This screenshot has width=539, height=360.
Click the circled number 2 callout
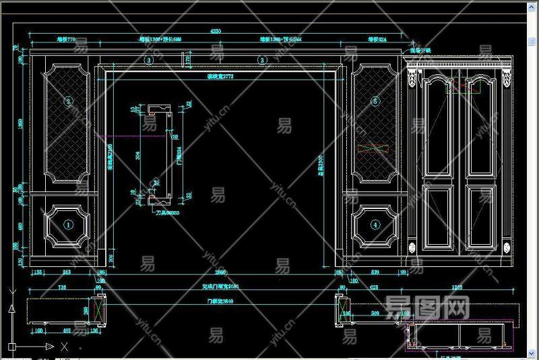[x=67, y=102]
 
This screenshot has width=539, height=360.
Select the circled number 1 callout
[x=67, y=224]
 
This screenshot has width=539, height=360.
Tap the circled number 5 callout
[x=375, y=102]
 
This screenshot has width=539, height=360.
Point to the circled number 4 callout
[x=375, y=224]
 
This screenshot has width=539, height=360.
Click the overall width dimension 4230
[x=216, y=31]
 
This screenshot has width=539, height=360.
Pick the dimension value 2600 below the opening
[x=220, y=272]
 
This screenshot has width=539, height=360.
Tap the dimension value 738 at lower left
[x=63, y=287]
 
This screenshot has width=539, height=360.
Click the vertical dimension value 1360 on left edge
[x=21, y=123]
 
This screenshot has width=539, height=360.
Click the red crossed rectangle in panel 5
[x=375, y=148]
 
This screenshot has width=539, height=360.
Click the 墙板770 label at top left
[x=66, y=40]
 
